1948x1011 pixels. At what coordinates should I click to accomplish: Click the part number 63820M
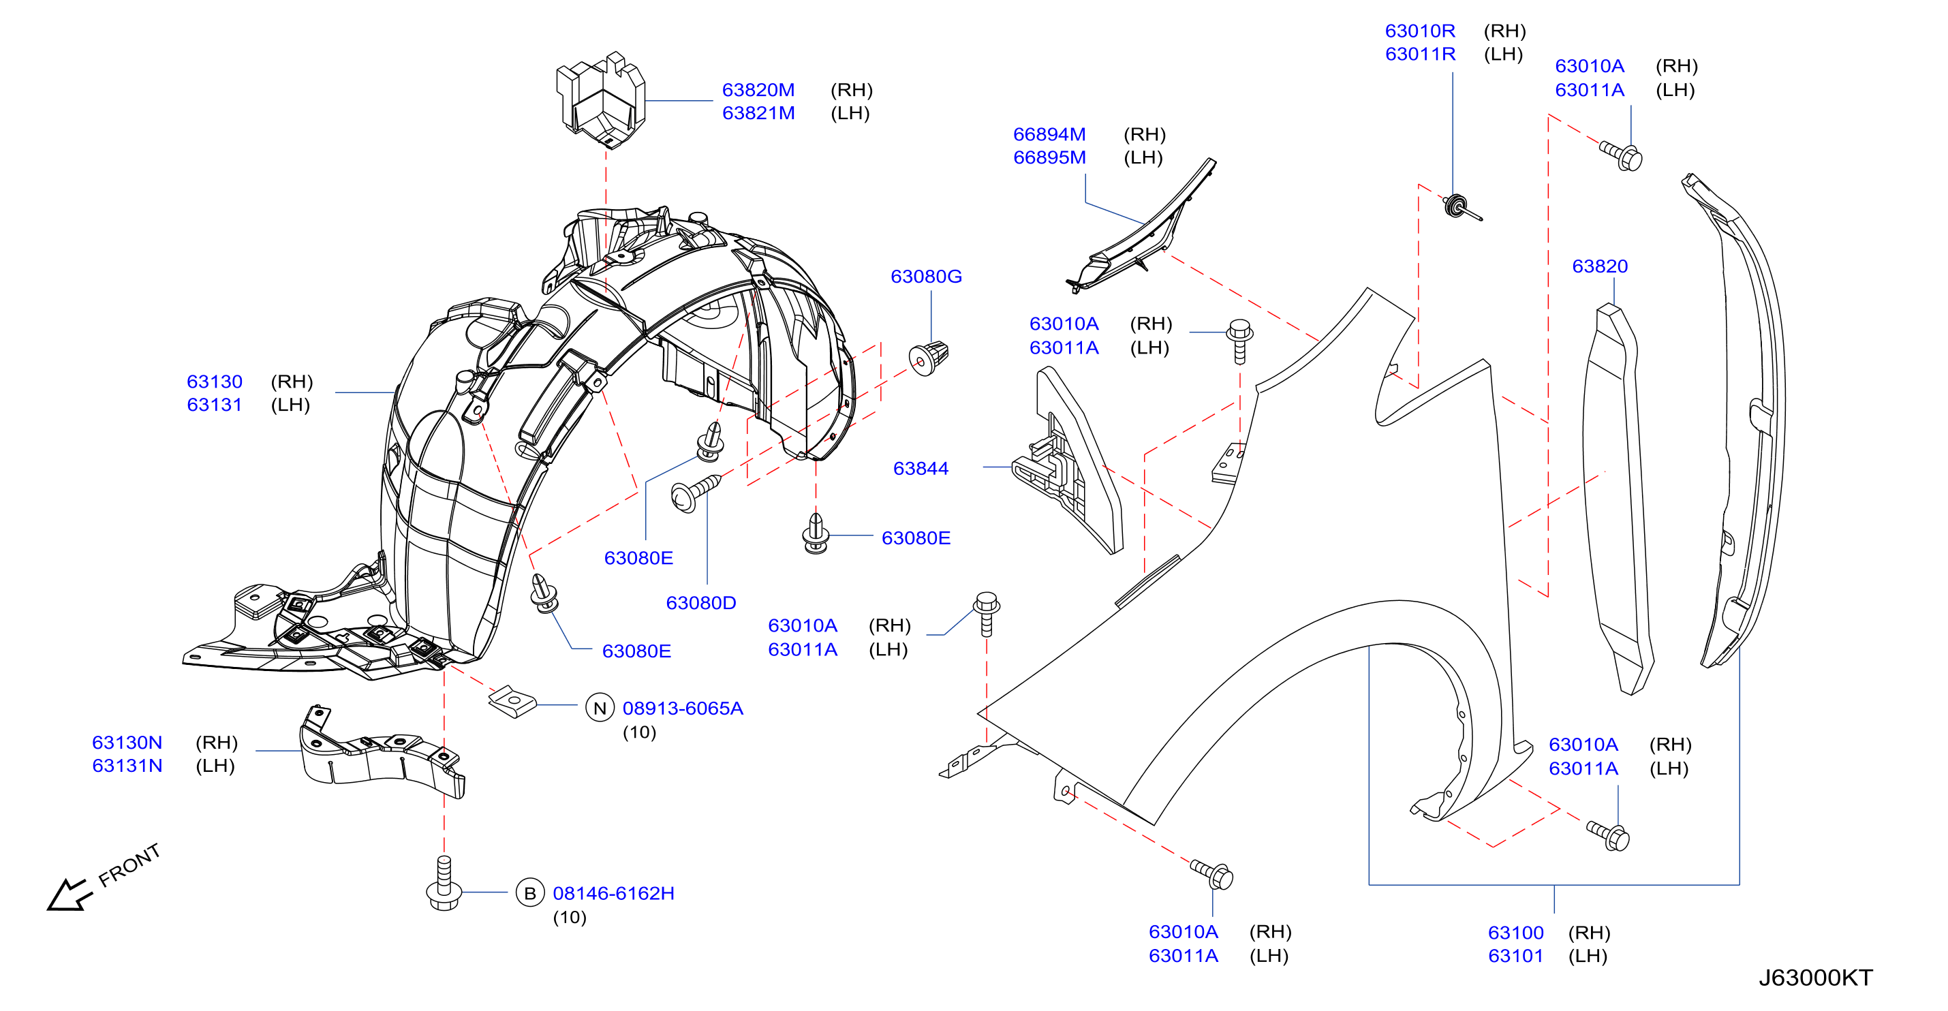click(x=758, y=90)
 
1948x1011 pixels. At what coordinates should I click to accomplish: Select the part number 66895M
click(x=1049, y=157)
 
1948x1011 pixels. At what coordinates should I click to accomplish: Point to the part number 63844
click(x=921, y=468)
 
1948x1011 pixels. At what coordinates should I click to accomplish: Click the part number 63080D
click(x=700, y=603)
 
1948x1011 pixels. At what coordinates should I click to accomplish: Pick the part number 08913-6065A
click(x=682, y=708)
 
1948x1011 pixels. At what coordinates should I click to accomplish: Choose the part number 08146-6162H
click(x=613, y=893)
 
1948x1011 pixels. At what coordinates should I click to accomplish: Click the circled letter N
click(x=600, y=708)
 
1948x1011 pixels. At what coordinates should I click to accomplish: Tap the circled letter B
click(x=530, y=893)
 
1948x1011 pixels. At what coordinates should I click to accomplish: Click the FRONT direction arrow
click(x=69, y=895)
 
